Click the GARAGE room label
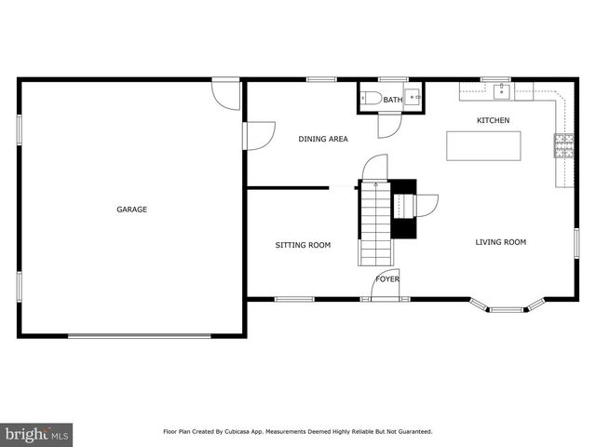(131, 210)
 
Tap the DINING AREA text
(323, 139)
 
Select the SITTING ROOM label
(303, 245)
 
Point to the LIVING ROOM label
(501, 242)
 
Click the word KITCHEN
(493, 120)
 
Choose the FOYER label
(387, 278)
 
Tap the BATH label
(393, 100)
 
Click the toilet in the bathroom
(370, 98)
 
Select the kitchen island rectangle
(483, 146)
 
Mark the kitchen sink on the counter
(501, 89)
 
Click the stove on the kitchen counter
(564, 143)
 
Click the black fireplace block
(403, 210)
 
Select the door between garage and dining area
(259, 136)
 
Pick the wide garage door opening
(132, 336)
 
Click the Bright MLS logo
(37, 433)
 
